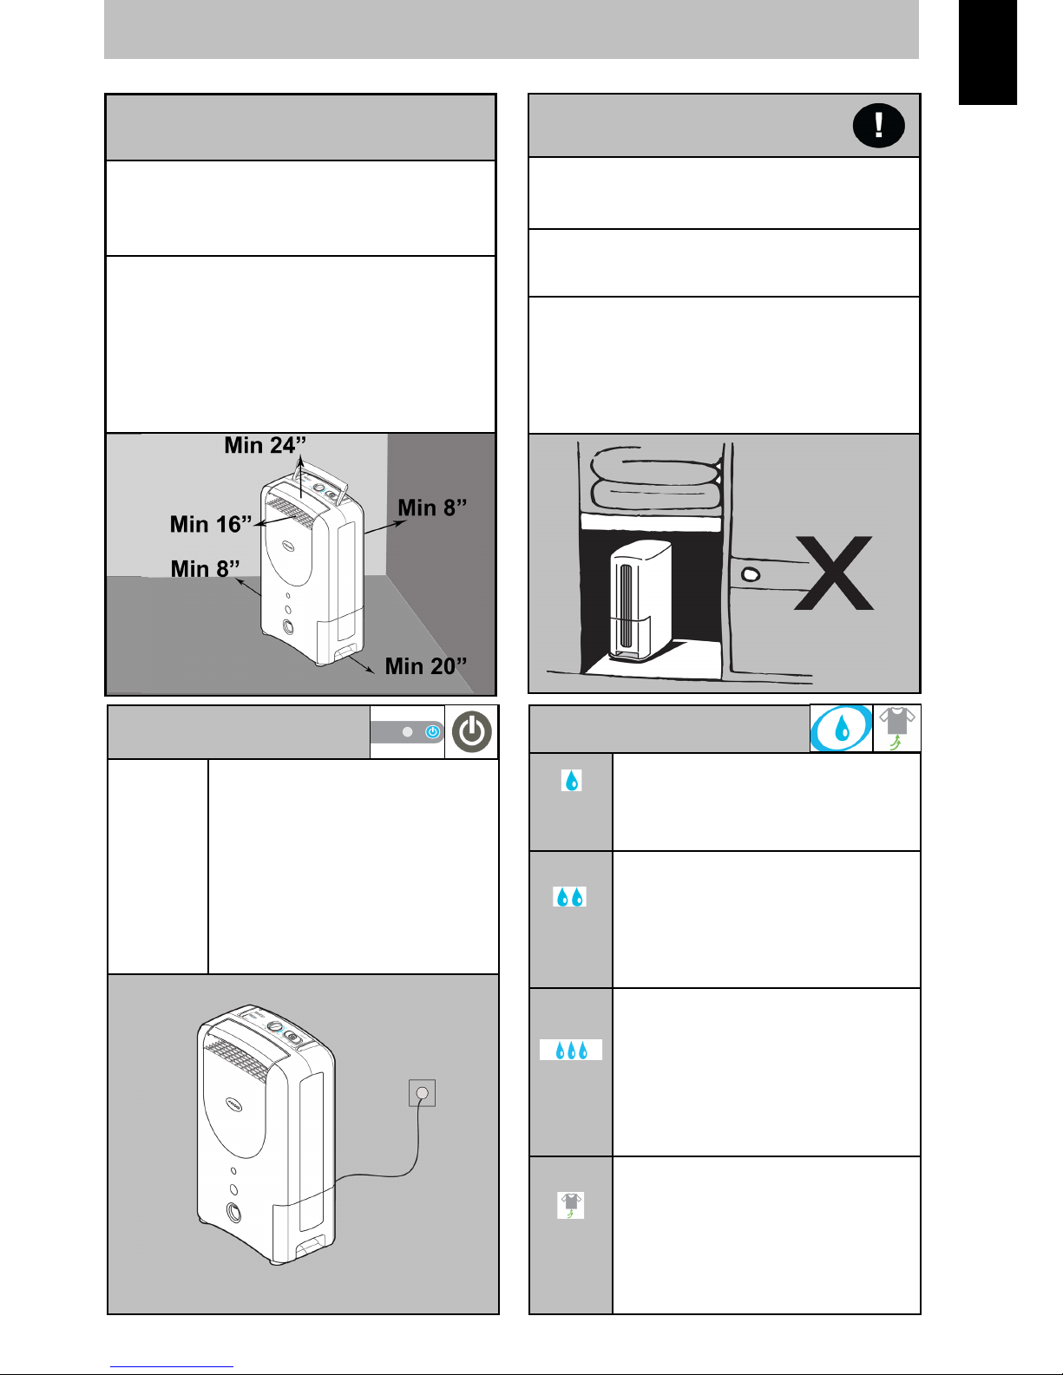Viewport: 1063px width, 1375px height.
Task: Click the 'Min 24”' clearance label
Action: [266, 445]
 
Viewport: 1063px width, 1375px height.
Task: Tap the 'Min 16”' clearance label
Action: [211, 524]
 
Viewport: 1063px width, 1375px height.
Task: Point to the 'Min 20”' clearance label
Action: [426, 665]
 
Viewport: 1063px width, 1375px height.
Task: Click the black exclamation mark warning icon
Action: [878, 125]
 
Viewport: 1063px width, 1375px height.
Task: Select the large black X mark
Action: [834, 573]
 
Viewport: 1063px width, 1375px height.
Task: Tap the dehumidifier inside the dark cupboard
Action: [640, 600]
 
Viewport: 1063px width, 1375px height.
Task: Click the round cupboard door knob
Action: [750, 574]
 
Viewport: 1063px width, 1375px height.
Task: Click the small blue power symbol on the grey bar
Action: [433, 731]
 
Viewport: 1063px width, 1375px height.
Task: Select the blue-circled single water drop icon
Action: [841, 729]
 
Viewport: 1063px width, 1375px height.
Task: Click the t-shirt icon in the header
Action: [896, 728]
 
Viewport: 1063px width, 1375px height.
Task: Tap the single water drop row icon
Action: [571, 780]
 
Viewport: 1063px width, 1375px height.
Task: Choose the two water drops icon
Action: [569, 897]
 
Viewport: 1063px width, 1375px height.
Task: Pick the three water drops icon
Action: [571, 1050]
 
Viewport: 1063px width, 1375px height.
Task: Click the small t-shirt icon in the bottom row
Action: [571, 1205]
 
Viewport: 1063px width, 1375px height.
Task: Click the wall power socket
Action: [422, 1093]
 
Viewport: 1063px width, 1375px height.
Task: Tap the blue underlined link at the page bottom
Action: [172, 1366]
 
